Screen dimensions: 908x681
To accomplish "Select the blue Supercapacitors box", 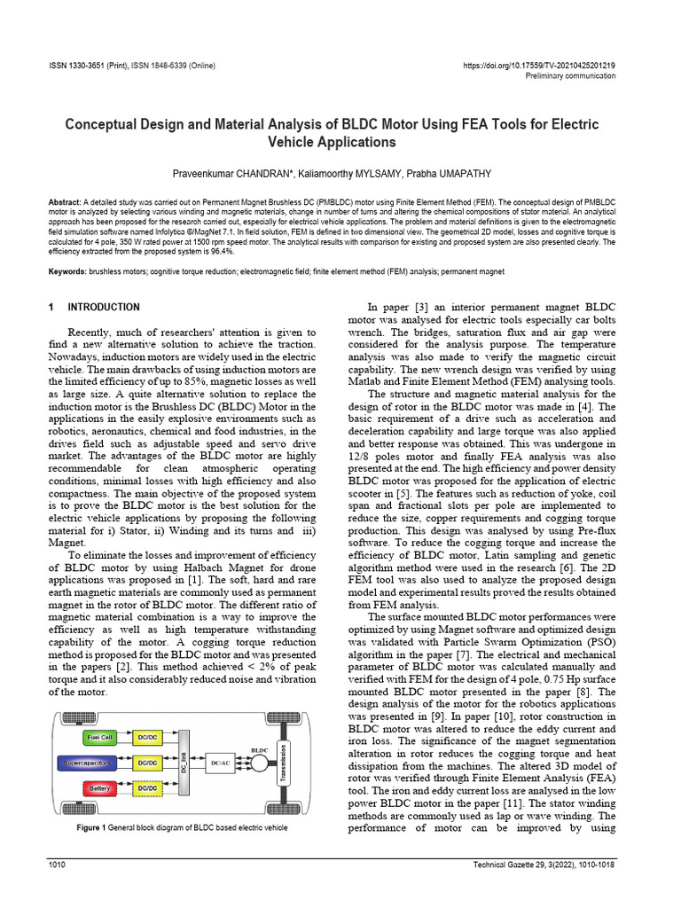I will pyautogui.click(x=97, y=762).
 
